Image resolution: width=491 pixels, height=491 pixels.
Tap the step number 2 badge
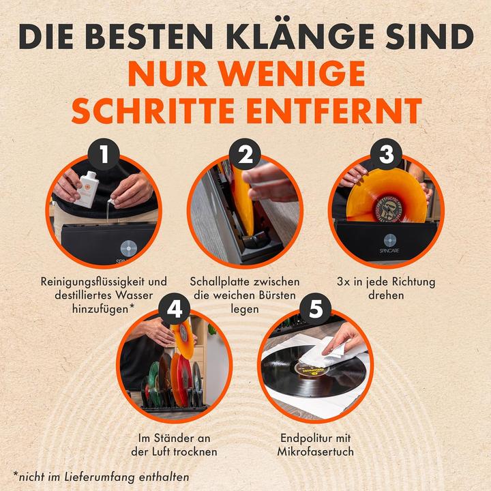(246, 155)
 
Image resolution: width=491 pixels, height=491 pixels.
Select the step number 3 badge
(387, 155)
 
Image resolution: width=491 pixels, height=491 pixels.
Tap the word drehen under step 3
(386, 297)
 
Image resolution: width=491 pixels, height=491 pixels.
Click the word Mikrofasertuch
(316, 452)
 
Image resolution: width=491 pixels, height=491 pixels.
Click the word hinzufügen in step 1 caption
(100, 310)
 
